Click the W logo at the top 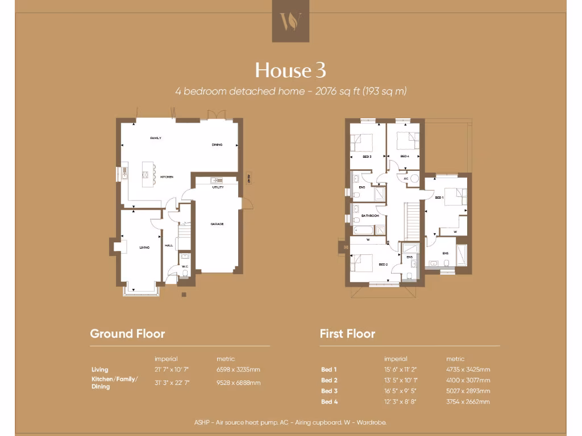[290, 22]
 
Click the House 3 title [290, 70]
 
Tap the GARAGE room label [217, 224]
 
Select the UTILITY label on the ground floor [218, 187]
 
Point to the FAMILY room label [156, 138]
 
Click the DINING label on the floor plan [217, 145]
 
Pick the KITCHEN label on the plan [167, 177]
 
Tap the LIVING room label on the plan [144, 247]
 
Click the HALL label [169, 245]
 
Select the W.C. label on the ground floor [185, 266]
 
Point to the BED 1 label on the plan [439, 198]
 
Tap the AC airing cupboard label [406, 178]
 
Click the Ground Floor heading [127, 334]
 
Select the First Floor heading [347, 334]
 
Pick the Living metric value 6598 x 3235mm [239, 370]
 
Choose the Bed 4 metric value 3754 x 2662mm [468, 402]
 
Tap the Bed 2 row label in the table [329, 380]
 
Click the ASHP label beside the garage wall [248, 178]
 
